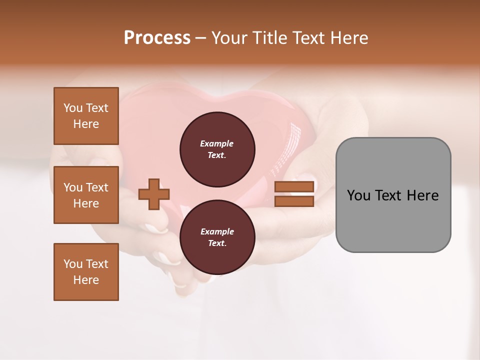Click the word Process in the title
[x=157, y=38]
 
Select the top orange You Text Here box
[x=86, y=116]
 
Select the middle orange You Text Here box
[x=86, y=195]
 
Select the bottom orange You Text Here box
[x=86, y=272]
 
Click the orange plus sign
[x=154, y=194]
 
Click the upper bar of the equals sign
[x=294, y=186]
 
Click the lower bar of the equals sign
[x=294, y=201]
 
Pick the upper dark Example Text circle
[x=217, y=149]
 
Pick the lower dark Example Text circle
[x=217, y=237]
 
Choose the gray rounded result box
[x=393, y=195]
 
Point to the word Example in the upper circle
[x=217, y=144]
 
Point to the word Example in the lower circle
[x=217, y=231]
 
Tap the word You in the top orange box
[x=73, y=108]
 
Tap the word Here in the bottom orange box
[x=86, y=280]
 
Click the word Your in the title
[x=230, y=38]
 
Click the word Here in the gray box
[x=423, y=195]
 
